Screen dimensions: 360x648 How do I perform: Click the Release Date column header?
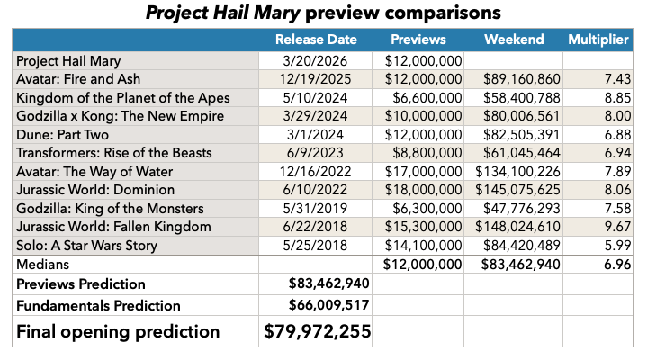(x=316, y=40)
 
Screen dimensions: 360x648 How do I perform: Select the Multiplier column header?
(x=598, y=40)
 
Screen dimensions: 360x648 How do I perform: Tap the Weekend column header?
(x=514, y=40)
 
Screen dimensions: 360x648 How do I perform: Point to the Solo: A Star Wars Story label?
(x=87, y=246)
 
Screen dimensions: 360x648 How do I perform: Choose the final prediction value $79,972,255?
(x=317, y=330)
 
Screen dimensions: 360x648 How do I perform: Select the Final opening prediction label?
(x=119, y=330)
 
